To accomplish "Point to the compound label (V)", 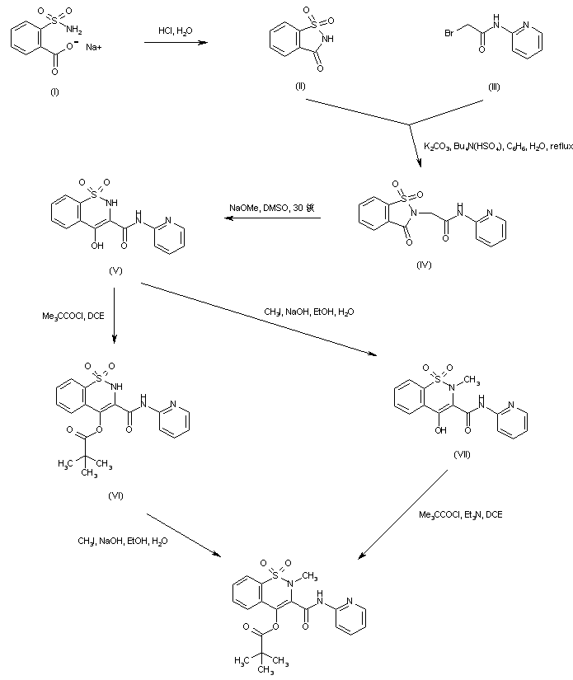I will click(116, 270).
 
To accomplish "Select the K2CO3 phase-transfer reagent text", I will click(497, 146).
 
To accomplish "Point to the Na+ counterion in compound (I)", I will click(95, 47).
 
